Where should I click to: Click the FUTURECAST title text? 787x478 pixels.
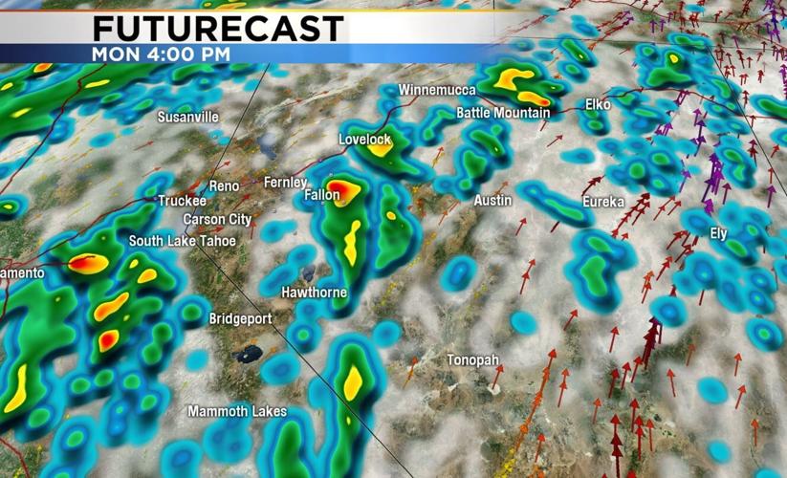pos(218,29)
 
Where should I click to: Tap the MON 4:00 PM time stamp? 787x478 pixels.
pos(160,54)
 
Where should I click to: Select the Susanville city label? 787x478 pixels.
pos(188,117)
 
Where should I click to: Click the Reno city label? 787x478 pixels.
pos(224,185)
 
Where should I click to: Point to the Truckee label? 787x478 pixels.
pos(182,201)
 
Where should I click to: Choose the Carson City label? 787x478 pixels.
pos(217,219)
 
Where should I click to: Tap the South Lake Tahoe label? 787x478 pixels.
pos(182,240)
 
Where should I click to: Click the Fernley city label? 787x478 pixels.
pos(285,183)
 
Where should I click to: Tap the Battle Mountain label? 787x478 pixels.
pos(503,113)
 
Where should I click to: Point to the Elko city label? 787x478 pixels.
pos(598,103)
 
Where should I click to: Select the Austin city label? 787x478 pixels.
pos(492,201)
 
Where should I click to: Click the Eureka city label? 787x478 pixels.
pos(603,202)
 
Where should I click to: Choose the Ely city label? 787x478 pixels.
pos(718,233)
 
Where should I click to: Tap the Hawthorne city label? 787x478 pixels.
pos(314,292)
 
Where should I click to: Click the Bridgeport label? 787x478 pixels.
pos(240,318)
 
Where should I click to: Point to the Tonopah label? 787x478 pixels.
pos(472,359)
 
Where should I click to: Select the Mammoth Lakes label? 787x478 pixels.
pos(236,411)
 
